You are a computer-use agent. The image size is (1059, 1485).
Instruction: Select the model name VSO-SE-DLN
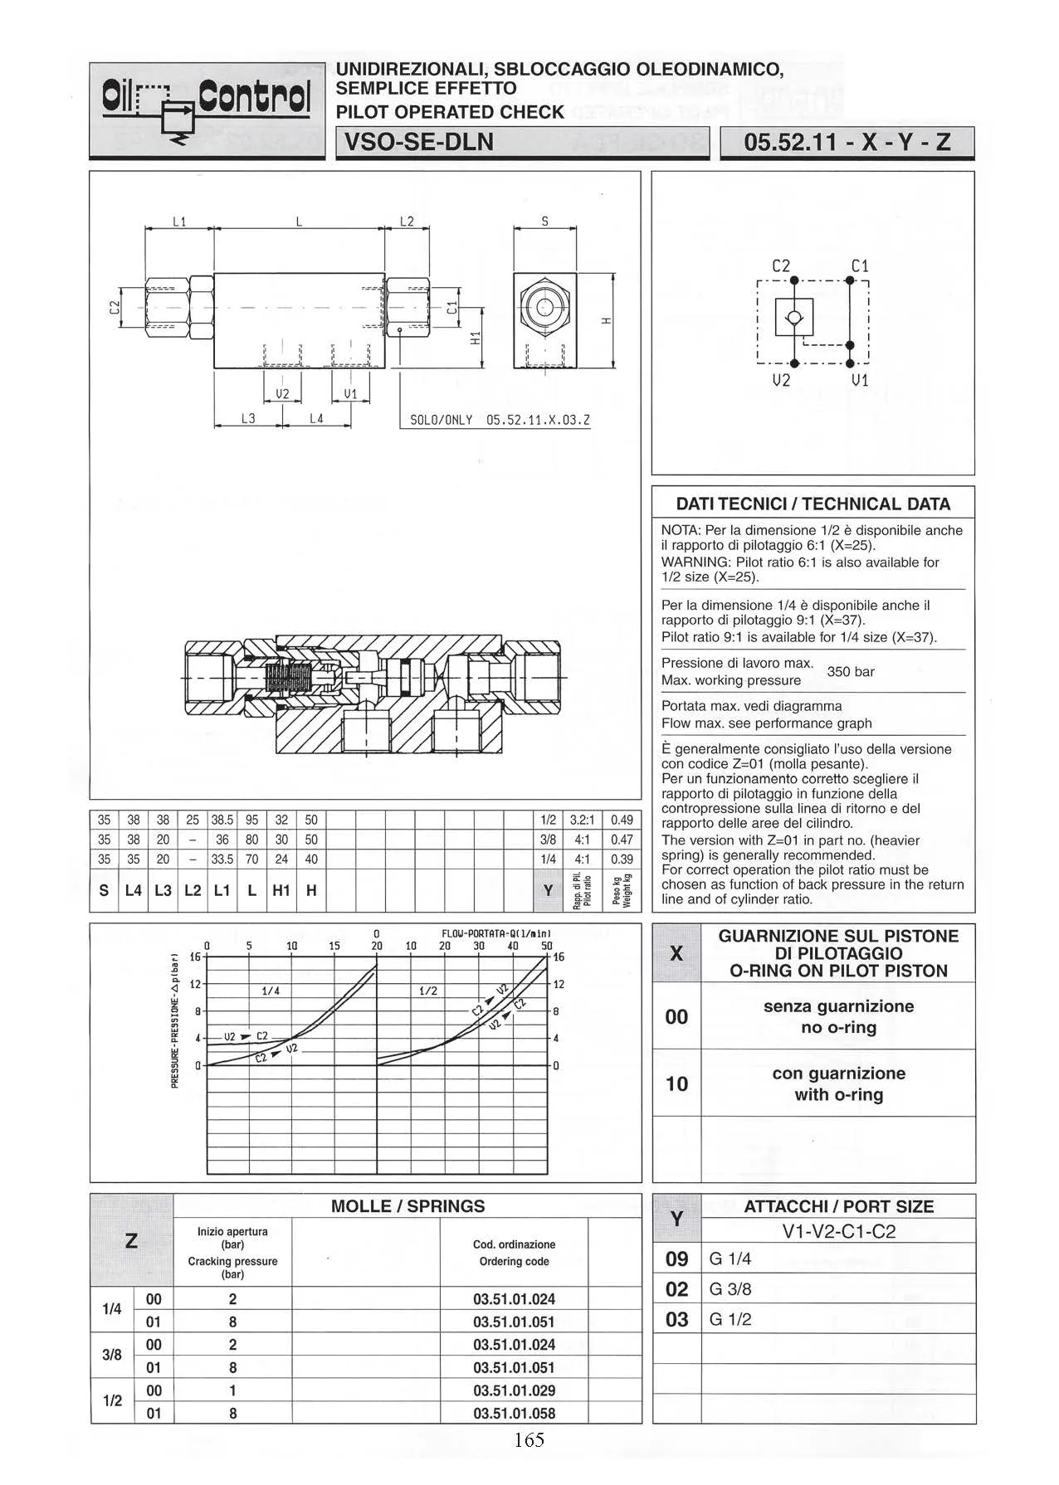click(418, 143)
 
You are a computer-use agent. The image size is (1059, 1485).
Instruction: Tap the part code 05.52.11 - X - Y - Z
click(847, 143)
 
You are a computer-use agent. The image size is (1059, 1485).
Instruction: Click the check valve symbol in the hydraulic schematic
click(794, 318)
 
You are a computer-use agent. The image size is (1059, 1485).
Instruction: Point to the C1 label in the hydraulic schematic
click(860, 266)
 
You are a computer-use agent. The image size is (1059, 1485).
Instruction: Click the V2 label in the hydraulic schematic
click(781, 381)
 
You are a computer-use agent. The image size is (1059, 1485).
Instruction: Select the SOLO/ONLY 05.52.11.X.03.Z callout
click(500, 420)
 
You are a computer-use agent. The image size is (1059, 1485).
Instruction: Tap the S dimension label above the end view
click(544, 222)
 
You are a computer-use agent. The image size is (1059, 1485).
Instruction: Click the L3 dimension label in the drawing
click(248, 419)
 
